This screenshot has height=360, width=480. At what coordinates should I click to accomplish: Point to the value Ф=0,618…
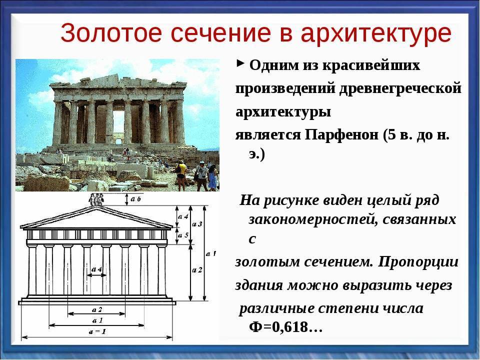[285, 327]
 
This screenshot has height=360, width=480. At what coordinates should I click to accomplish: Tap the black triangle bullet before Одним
[240, 63]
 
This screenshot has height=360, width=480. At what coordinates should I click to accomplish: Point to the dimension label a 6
[135, 198]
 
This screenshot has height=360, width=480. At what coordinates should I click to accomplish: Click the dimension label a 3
[197, 224]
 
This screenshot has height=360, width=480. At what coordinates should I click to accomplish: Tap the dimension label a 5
[183, 235]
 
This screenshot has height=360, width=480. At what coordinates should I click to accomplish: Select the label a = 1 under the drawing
[97, 331]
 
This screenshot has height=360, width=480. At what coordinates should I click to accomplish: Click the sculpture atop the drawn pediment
[96, 199]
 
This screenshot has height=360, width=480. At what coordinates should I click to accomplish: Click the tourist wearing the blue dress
[213, 178]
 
